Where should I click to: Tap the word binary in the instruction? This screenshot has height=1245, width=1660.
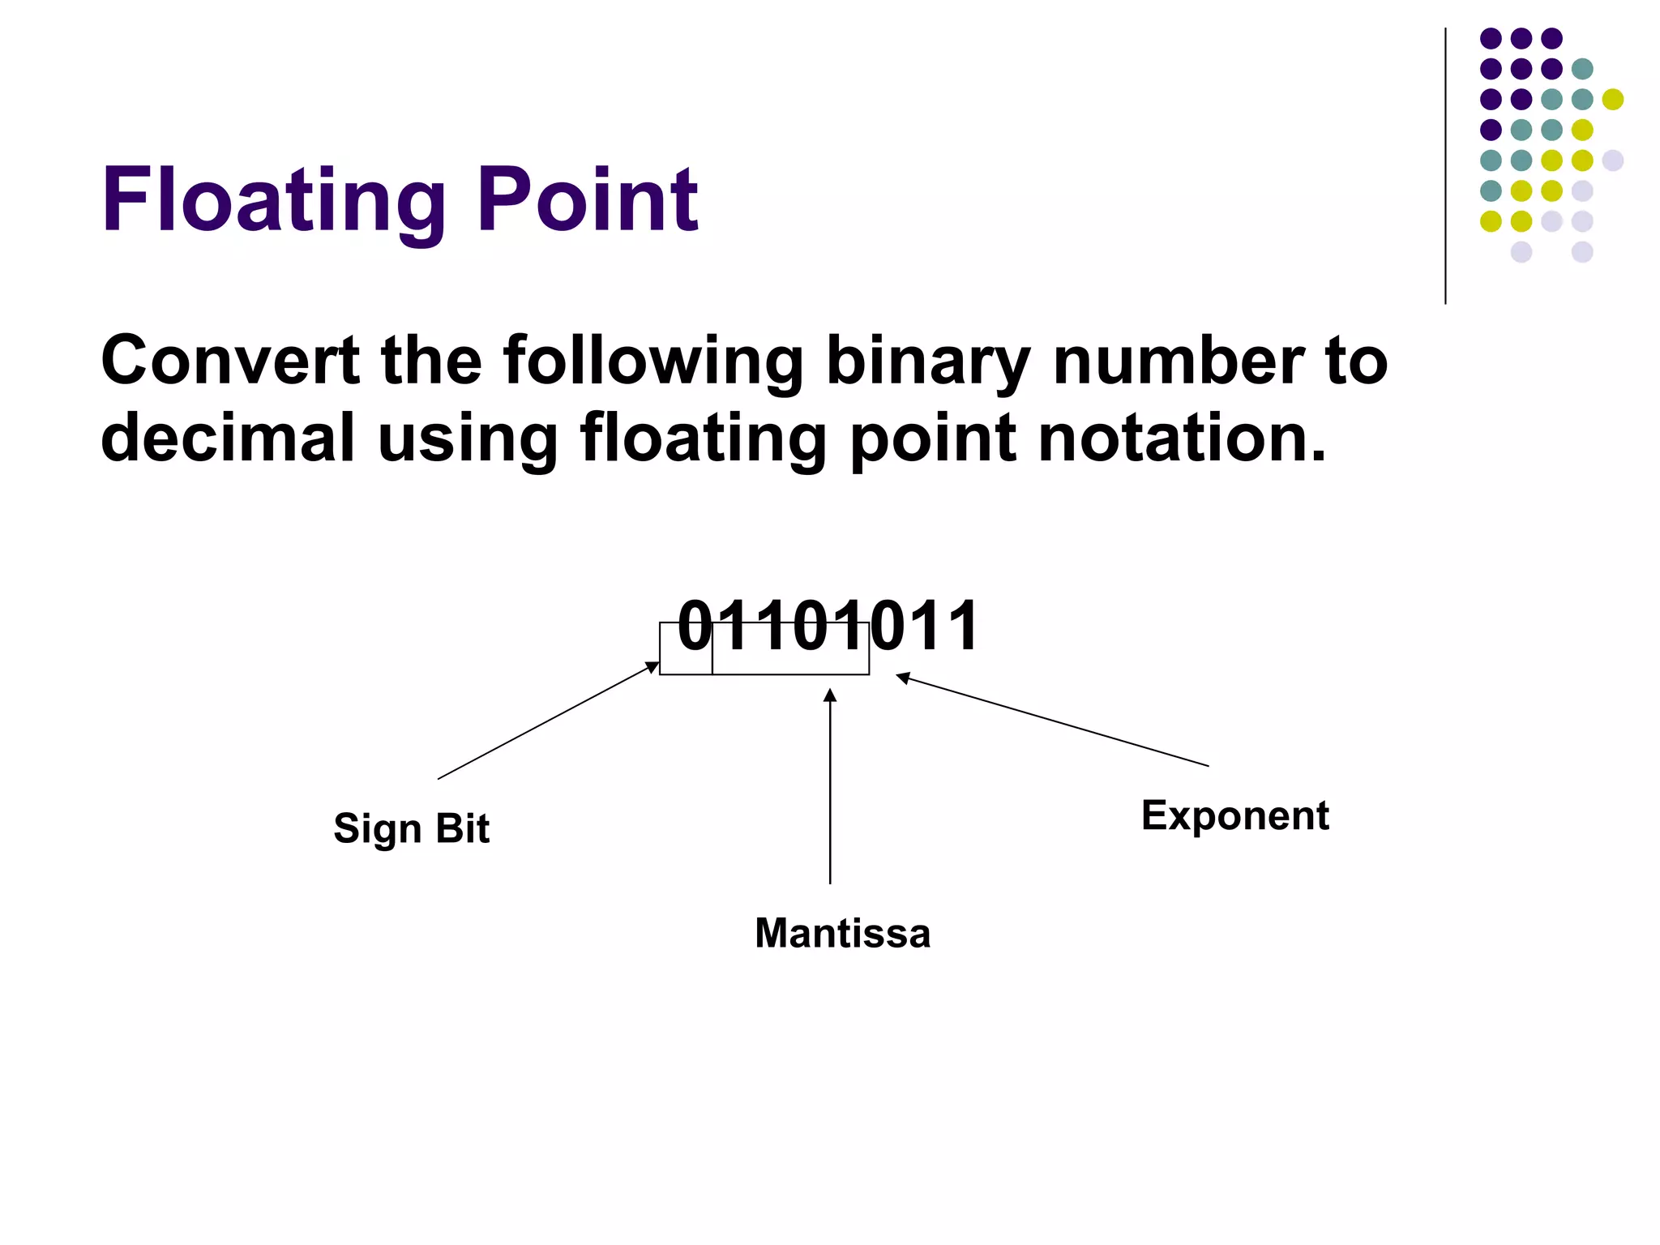(x=927, y=362)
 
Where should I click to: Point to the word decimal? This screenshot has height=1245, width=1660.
(x=228, y=438)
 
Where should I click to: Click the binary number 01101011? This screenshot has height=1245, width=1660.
(x=828, y=626)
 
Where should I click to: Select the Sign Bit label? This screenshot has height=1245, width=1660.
(x=412, y=828)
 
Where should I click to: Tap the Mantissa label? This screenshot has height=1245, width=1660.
(x=842, y=933)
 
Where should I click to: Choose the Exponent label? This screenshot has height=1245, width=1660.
(x=1234, y=815)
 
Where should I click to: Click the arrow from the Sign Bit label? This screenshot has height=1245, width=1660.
(x=547, y=721)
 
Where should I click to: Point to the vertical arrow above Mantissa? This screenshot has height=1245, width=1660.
(x=830, y=786)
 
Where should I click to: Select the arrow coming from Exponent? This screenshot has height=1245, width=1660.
(x=1054, y=721)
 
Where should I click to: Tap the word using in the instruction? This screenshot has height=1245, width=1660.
(x=468, y=438)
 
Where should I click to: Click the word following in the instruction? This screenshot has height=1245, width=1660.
(x=652, y=362)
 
